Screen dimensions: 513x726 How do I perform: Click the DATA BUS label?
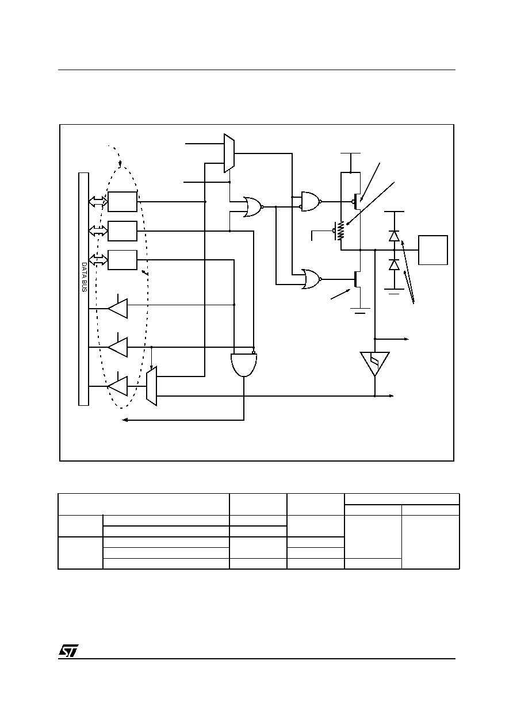click(x=84, y=277)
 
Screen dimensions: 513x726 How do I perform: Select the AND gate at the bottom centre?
click(x=244, y=364)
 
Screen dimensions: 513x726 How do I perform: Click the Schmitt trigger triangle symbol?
click(x=375, y=364)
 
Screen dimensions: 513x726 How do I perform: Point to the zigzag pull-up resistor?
click(x=340, y=231)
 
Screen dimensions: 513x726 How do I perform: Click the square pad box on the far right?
click(x=433, y=250)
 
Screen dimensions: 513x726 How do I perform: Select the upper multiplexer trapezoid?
click(x=229, y=153)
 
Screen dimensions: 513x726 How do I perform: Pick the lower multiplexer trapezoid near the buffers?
click(x=152, y=386)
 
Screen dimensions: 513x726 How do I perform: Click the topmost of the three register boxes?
click(x=122, y=202)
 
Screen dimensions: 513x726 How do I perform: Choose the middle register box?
click(x=122, y=231)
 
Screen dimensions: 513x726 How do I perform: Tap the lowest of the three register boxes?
click(x=122, y=260)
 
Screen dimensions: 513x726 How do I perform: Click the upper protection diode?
click(x=394, y=236)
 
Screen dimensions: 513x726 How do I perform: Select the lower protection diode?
click(x=394, y=265)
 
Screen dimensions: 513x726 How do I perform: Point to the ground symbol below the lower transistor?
click(x=360, y=311)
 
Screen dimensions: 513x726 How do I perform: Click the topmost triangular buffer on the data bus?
click(x=118, y=308)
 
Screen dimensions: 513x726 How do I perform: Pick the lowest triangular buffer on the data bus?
click(x=118, y=386)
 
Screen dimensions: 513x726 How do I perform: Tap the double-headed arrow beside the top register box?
click(x=98, y=202)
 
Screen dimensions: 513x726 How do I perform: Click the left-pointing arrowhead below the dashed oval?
click(x=125, y=420)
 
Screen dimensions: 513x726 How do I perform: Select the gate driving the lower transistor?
click(x=311, y=279)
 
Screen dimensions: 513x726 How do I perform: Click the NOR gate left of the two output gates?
click(x=253, y=206)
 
